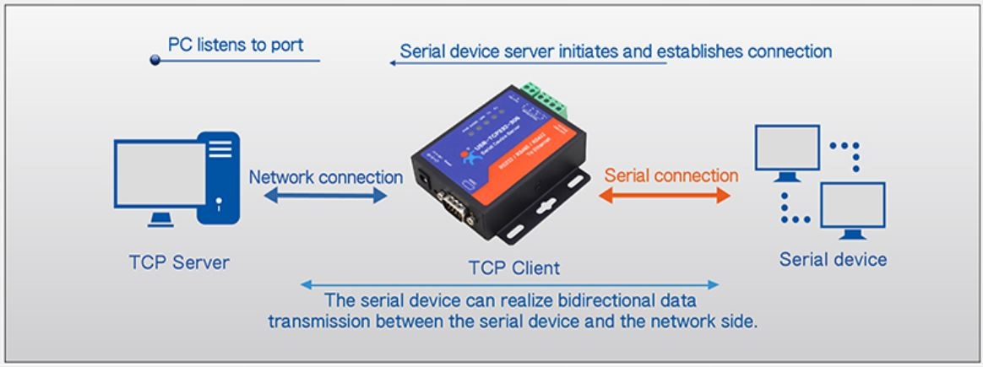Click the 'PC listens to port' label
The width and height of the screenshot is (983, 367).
(236, 44)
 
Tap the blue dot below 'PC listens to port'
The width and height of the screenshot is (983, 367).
(155, 60)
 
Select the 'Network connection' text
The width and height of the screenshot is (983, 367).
(325, 177)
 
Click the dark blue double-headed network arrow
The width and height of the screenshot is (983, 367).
(325, 196)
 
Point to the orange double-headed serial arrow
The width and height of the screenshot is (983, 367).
(664, 196)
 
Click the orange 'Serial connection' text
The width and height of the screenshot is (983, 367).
(671, 175)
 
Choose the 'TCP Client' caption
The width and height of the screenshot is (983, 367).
(513, 267)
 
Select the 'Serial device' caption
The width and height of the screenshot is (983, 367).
(833, 259)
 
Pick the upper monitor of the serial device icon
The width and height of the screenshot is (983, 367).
(787, 149)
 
